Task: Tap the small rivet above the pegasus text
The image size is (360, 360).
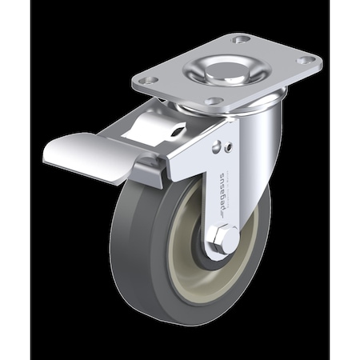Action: (x=230, y=146)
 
